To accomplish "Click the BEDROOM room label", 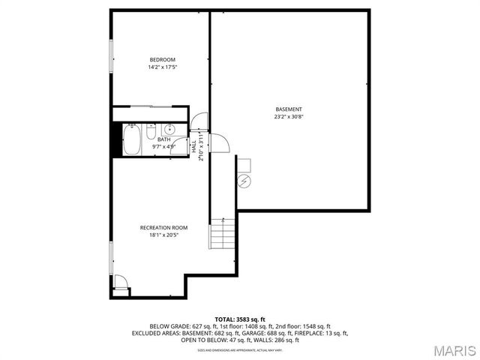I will [162, 60].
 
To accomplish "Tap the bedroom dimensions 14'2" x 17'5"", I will [162, 67].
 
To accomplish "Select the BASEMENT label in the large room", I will [289, 109].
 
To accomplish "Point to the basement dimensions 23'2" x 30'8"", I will [289, 117].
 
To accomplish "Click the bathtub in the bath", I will [131, 139].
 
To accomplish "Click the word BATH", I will [163, 139].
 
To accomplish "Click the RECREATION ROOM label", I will [163, 227].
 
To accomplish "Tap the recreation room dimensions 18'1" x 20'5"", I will [163, 235].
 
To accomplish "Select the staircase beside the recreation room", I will [223, 234].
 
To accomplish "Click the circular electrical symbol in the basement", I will [244, 181].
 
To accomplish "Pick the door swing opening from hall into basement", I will [219, 142].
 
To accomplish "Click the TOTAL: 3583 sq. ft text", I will [240, 319].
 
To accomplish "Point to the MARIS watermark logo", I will [452, 350].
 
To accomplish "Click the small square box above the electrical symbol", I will [244, 164].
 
